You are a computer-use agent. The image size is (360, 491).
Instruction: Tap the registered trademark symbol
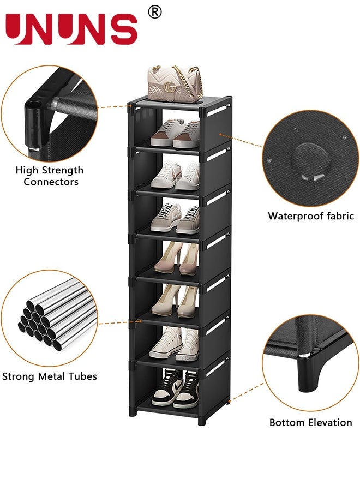click(155, 12)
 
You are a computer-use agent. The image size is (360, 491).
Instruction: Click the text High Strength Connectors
click(50, 176)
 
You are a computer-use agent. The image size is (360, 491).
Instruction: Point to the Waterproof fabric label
click(311, 216)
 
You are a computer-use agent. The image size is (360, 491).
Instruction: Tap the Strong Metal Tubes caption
click(50, 376)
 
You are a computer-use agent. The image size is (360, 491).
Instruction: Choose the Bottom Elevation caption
click(311, 422)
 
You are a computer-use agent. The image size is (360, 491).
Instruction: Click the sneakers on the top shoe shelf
click(175, 134)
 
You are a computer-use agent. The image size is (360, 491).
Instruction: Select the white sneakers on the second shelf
click(175, 176)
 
